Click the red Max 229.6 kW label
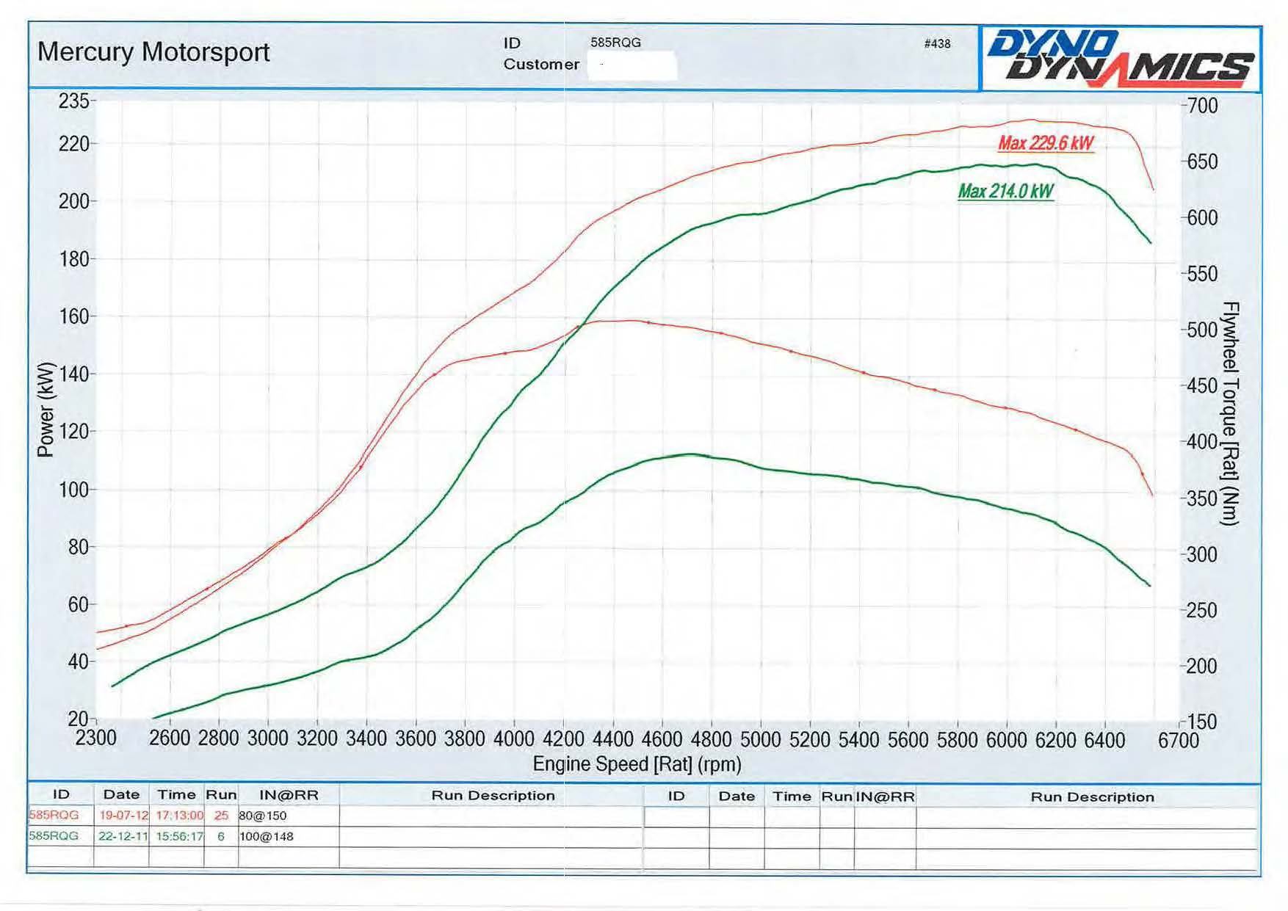click(1046, 143)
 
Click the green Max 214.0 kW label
click(1005, 192)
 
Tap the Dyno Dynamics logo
click(1120, 58)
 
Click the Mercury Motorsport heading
click(153, 52)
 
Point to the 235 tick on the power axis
click(74, 101)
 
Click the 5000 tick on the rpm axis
click(760, 738)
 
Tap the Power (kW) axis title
click(46, 410)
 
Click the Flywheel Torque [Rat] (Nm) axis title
click(1230, 413)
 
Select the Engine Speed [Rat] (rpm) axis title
click(637, 764)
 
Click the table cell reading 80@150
click(263, 816)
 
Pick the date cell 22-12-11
click(123, 836)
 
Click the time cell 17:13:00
click(179, 816)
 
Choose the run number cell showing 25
click(221, 816)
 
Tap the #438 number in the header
click(937, 44)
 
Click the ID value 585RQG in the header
click(615, 43)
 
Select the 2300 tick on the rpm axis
click(96, 738)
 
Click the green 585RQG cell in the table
click(54, 836)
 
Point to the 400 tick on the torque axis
click(1202, 442)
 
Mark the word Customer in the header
click(541, 65)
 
